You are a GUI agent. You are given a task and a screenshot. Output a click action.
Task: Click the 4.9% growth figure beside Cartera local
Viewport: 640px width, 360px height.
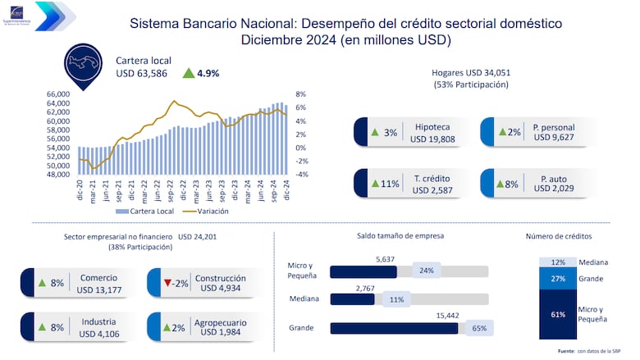[207, 73]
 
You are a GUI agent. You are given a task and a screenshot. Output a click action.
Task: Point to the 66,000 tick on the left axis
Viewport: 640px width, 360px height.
[58, 94]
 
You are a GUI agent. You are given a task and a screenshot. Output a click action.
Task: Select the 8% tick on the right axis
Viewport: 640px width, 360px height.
[300, 94]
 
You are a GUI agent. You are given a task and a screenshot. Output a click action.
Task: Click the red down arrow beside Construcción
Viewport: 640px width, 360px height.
[167, 283]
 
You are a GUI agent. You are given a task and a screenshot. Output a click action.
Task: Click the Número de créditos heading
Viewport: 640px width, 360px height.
[558, 237]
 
